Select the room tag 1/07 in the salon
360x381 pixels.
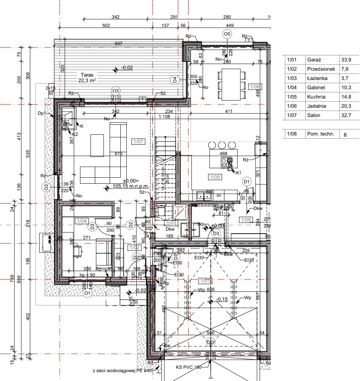137,141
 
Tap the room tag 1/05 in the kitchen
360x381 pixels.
215,177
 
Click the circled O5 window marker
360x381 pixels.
227,34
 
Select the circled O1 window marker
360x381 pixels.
87,293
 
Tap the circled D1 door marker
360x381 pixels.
247,181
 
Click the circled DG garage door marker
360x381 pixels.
210,342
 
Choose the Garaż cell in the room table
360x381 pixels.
314,60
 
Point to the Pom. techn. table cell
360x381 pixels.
320,134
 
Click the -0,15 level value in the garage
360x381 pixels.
222,299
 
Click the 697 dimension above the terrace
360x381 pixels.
119,44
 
